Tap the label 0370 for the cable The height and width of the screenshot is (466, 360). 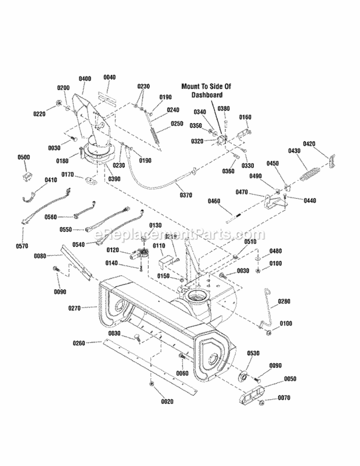point(185,195)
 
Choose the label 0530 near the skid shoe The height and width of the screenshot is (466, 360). point(253,353)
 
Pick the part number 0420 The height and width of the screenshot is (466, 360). point(309,144)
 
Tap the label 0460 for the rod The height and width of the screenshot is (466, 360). point(214,201)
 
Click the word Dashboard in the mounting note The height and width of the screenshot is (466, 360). point(206,95)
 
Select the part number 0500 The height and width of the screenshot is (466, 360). point(24,157)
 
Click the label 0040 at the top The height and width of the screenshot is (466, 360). point(109,77)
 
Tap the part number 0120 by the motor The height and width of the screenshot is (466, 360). point(112,250)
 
